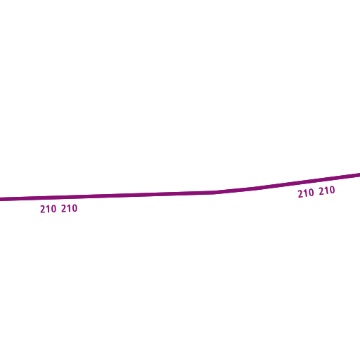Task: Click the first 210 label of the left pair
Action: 49,209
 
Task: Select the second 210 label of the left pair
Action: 70,208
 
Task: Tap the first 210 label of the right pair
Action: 306,193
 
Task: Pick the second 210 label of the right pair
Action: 327,191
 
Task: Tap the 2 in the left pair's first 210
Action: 43,210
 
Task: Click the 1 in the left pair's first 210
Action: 48,209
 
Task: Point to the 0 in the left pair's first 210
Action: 53,209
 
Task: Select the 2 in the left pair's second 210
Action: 64,209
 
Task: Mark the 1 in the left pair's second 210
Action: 69,208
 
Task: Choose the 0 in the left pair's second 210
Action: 75,208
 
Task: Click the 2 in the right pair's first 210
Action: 301,194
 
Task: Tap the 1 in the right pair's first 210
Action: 306,193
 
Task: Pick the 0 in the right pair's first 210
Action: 311,193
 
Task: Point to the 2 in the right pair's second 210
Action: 321,191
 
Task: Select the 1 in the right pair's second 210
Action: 326,191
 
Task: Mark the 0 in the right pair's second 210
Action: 332,190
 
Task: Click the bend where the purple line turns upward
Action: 214,193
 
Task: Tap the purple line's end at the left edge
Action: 1,199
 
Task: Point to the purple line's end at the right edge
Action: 359,175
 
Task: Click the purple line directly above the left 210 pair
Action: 58,198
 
